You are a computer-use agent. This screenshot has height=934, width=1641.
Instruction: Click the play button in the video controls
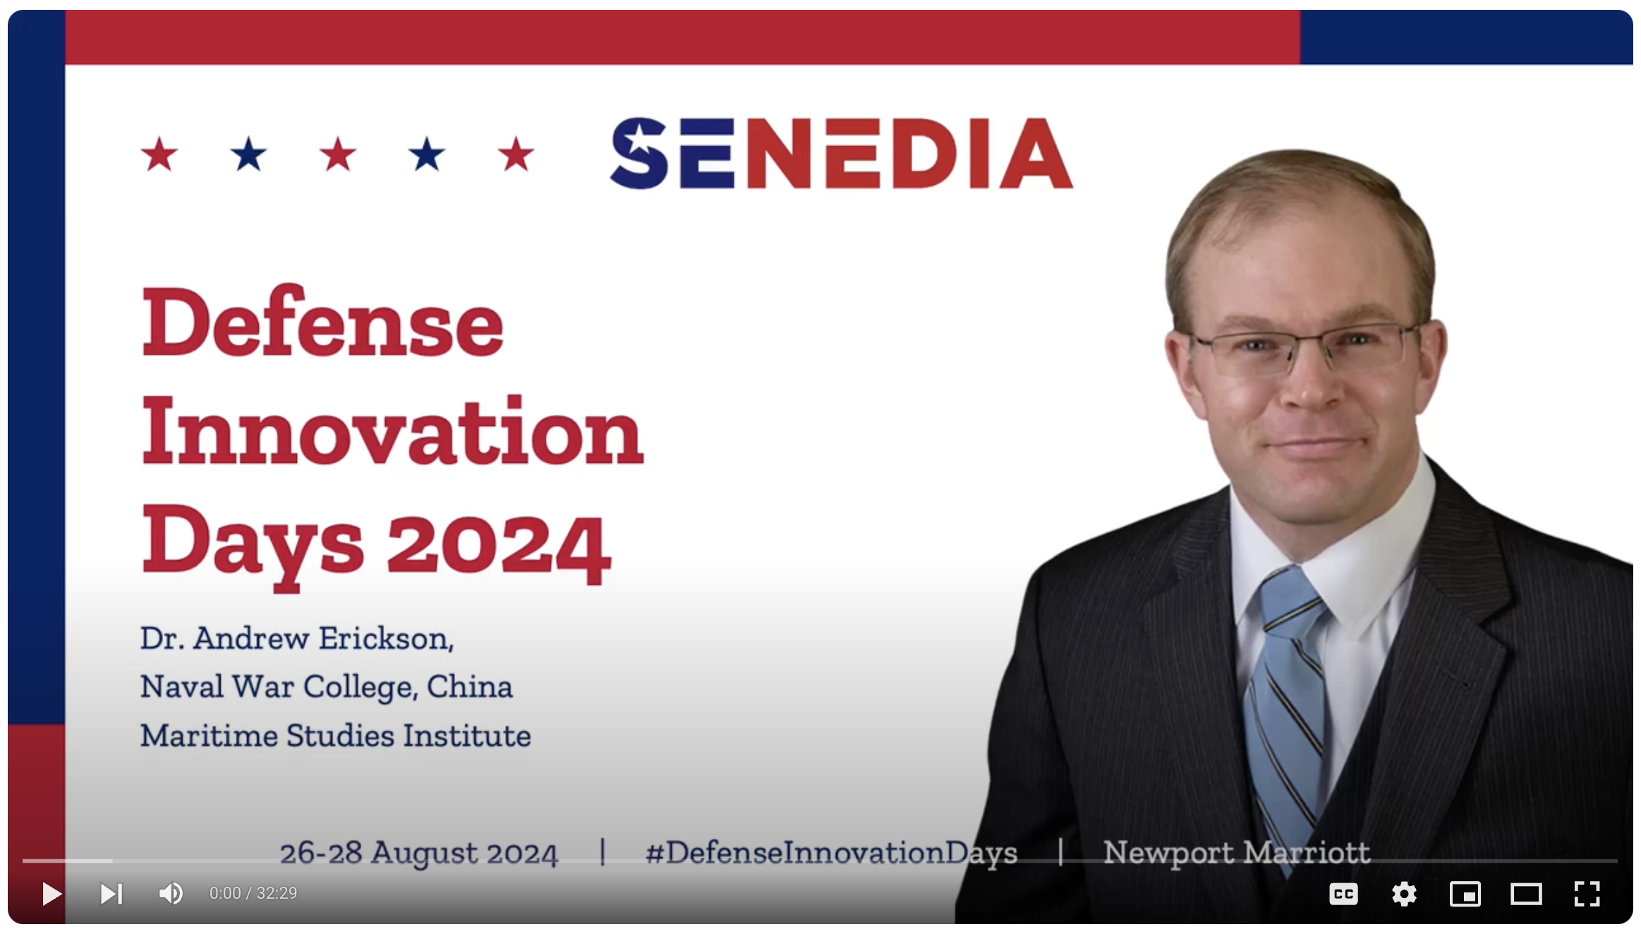(52, 894)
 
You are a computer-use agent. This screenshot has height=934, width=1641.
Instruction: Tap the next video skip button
(111, 894)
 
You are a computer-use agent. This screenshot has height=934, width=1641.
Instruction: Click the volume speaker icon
(170, 894)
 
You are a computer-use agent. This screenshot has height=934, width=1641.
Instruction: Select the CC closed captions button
(1343, 894)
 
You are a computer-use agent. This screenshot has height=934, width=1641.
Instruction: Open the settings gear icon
(1404, 894)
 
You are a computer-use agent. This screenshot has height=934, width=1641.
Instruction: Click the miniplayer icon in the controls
(1465, 894)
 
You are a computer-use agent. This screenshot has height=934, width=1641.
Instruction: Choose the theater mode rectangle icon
(1525, 894)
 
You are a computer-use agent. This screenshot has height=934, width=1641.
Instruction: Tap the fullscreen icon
(1587, 894)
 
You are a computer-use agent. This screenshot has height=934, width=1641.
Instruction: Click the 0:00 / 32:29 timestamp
(253, 894)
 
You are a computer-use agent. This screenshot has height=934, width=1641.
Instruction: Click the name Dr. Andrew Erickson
(296, 638)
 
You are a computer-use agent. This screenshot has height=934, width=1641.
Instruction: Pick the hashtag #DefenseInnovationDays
(830, 852)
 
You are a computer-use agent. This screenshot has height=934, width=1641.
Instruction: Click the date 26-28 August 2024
(418, 852)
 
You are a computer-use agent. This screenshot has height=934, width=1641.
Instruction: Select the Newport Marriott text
(1235, 852)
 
